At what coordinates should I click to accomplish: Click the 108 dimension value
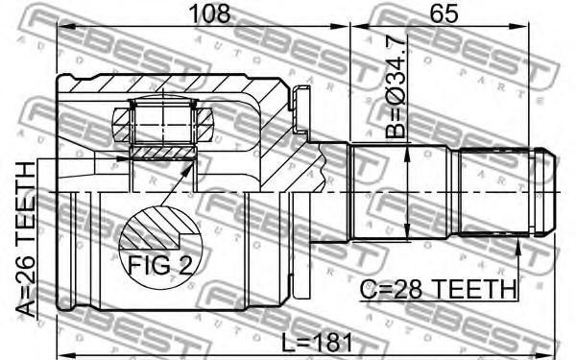[x=209, y=13]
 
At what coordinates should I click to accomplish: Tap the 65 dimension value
[x=444, y=13]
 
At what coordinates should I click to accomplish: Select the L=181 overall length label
[x=317, y=343]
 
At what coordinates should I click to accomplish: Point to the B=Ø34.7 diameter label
[x=396, y=87]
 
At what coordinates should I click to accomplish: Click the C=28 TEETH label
[x=439, y=290]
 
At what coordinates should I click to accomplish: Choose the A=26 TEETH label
[x=27, y=239]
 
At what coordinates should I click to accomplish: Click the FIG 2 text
[x=160, y=265]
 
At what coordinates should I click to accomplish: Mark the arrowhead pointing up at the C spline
[x=518, y=246]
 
